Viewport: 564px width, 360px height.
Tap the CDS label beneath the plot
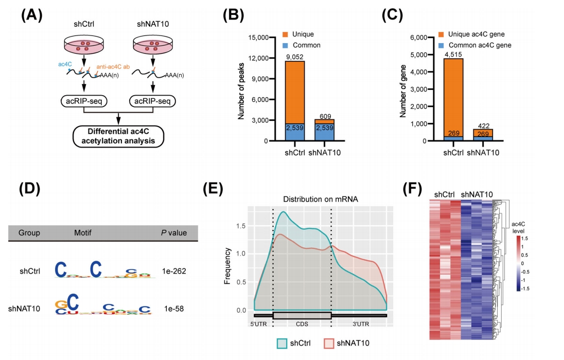(x=302, y=323)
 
